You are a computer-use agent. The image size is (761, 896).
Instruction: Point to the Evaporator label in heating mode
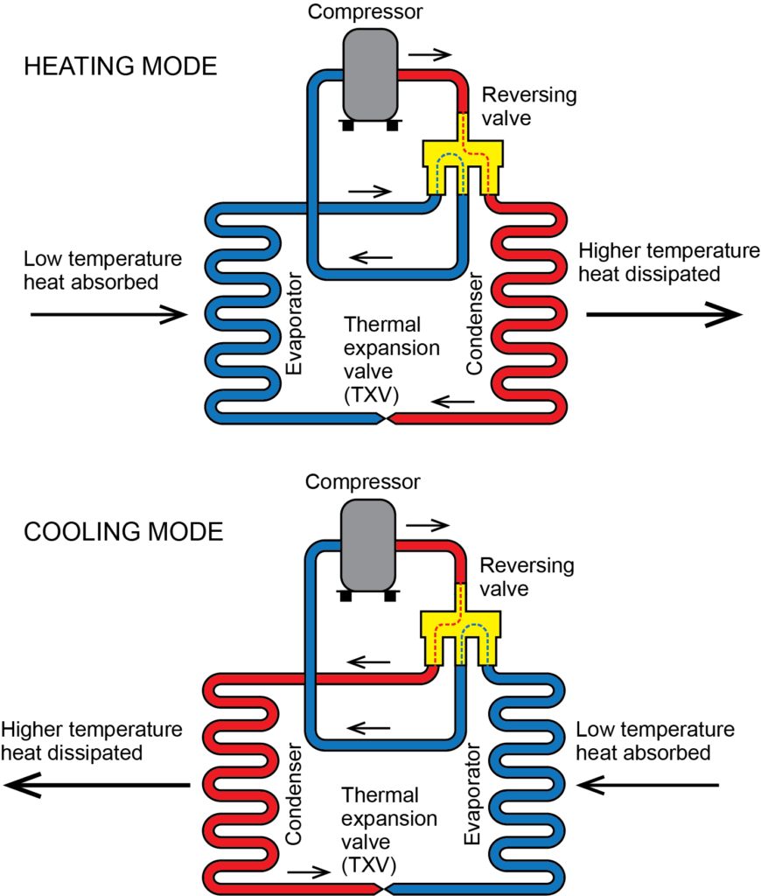click(x=296, y=324)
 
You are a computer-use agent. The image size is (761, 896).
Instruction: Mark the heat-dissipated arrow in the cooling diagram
click(x=96, y=786)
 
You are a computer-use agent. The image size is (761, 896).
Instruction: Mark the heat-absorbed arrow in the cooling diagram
click(x=648, y=786)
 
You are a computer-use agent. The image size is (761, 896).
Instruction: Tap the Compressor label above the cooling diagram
click(x=370, y=481)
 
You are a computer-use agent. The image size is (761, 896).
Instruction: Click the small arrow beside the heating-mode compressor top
click(x=430, y=54)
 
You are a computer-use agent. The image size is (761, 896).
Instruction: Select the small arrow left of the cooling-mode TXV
click(x=311, y=872)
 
